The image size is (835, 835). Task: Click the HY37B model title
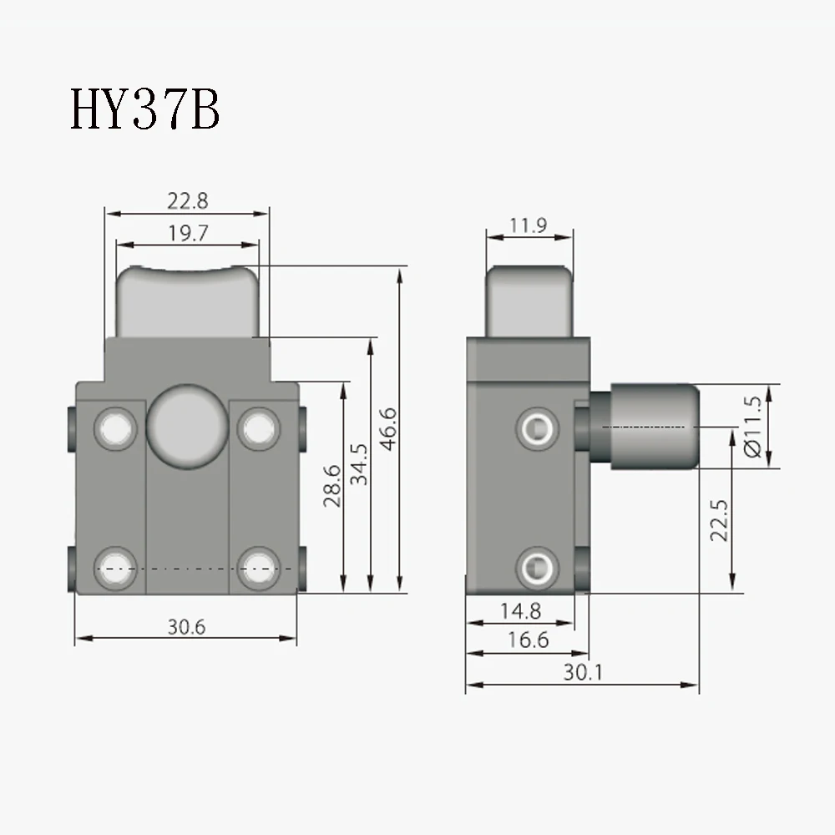pyautogui.click(x=144, y=111)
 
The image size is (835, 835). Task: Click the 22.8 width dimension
pyautogui.click(x=187, y=200)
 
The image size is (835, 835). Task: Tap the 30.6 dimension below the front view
pyautogui.click(x=185, y=627)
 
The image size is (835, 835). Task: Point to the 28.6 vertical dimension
pyautogui.click(x=333, y=487)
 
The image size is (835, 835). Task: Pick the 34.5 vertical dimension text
pyautogui.click(x=360, y=463)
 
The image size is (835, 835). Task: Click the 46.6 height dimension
pyautogui.click(x=388, y=429)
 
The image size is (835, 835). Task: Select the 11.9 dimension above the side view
pyautogui.click(x=529, y=225)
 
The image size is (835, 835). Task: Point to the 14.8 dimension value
pyautogui.click(x=520, y=611)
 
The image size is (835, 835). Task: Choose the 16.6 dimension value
pyautogui.click(x=527, y=640)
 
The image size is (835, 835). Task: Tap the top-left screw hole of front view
pyautogui.click(x=114, y=428)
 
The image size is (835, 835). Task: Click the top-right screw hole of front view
pyautogui.click(x=256, y=428)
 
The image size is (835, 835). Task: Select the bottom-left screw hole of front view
pyautogui.click(x=114, y=568)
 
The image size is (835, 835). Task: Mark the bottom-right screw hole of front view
pyautogui.click(x=256, y=568)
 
